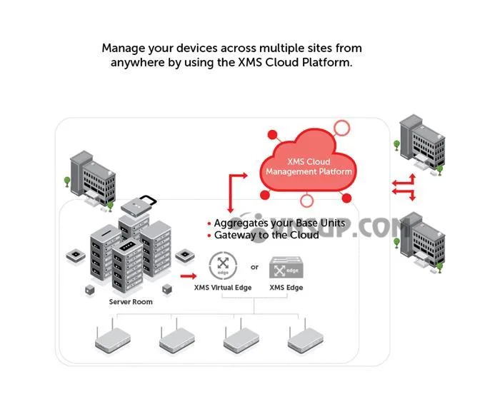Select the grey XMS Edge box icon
(x=286, y=267)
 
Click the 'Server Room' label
(x=131, y=302)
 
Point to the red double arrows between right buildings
(x=404, y=187)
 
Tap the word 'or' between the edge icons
(x=254, y=267)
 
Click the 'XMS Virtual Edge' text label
(x=222, y=288)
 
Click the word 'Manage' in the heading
(x=123, y=49)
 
